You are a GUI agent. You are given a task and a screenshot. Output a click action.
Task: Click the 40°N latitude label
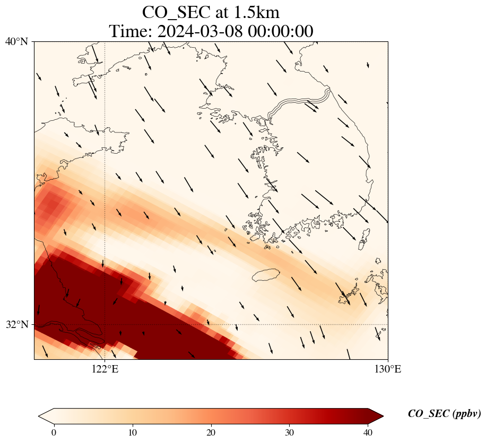pos(16,41)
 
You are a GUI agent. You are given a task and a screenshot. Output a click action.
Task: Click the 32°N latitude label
pos(16,324)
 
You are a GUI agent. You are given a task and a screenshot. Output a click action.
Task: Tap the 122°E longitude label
pos(105,369)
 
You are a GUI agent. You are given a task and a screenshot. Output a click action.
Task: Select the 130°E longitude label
pos(388,369)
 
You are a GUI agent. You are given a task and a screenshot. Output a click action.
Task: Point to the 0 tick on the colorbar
pos(54,432)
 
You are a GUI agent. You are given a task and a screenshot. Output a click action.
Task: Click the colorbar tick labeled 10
pos(132,432)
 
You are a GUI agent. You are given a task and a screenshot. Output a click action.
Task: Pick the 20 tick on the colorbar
pos(211,432)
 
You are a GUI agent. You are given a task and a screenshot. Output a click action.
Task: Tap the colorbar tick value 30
pos(289,432)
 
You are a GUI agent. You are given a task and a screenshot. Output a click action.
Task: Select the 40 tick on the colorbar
pos(368,432)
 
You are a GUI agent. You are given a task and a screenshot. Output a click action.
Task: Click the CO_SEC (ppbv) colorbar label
pos(445,414)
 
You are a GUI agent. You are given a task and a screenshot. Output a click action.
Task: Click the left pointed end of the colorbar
pos(39,416)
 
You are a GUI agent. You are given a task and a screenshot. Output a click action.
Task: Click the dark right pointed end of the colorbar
pos(383,416)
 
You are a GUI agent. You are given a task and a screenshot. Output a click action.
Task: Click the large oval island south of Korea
pos(266,275)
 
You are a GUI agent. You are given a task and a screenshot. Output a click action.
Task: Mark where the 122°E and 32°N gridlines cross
pos(105,324)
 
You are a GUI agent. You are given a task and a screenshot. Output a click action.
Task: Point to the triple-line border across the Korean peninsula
pos(299,103)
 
